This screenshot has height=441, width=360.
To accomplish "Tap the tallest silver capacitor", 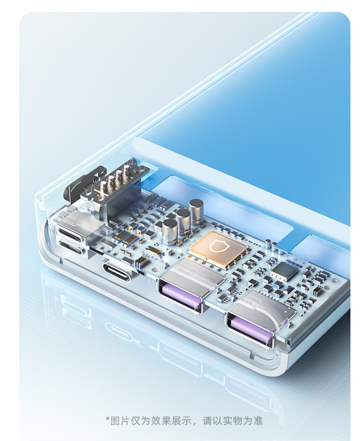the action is (196, 212).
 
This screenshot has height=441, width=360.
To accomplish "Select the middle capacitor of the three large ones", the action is (183, 222).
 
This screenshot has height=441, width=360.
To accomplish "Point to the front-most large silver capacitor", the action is (170, 232).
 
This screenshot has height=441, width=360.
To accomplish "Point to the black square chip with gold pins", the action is (284, 271).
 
